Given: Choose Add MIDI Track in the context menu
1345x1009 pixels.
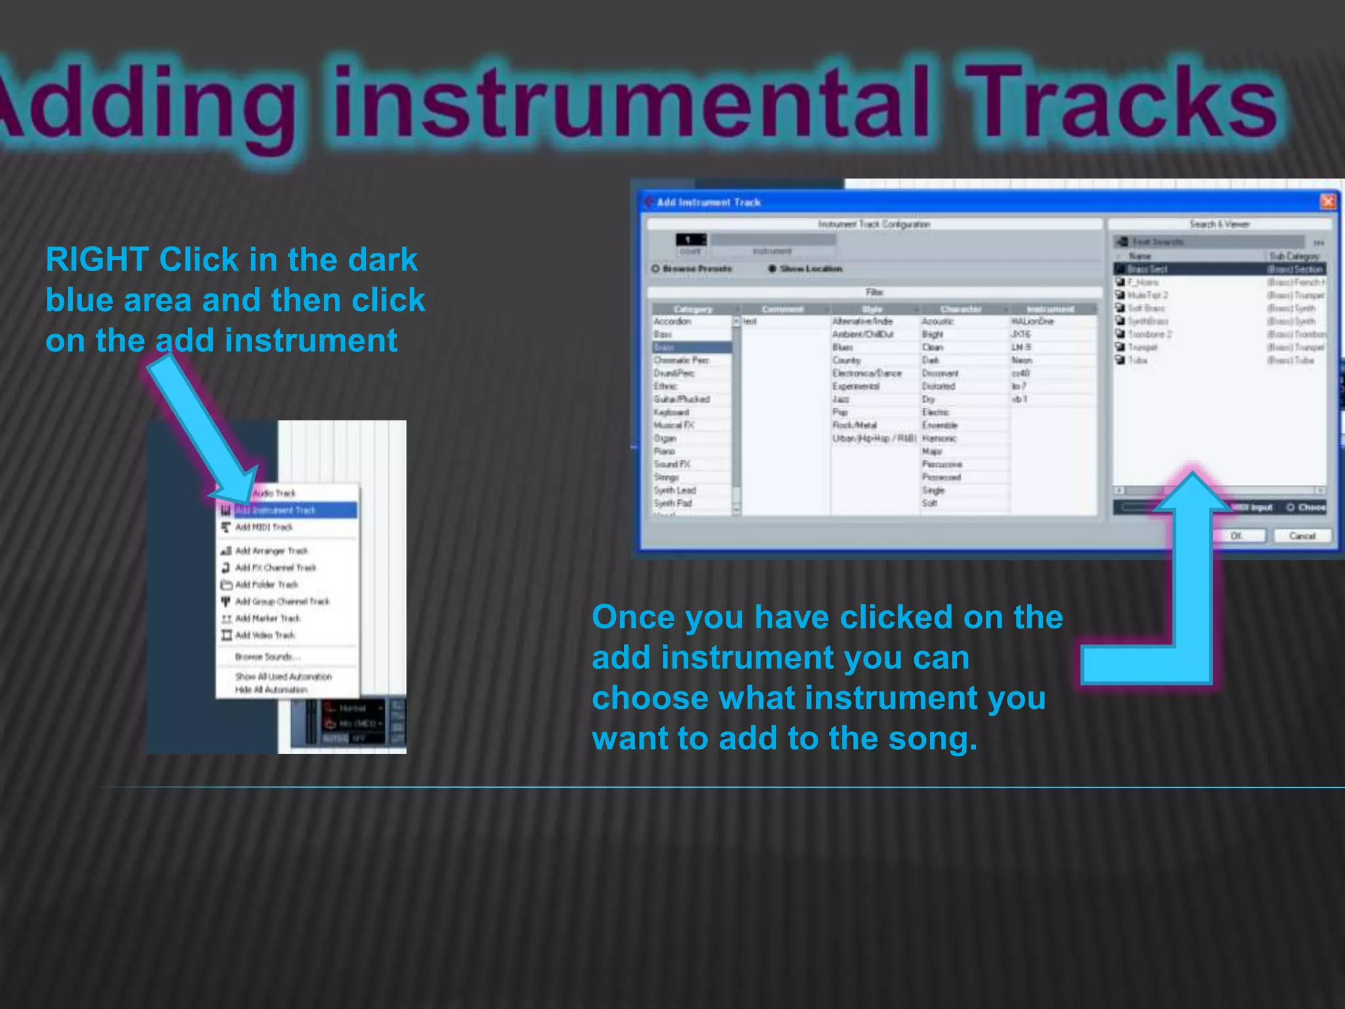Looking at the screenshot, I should [x=263, y=527].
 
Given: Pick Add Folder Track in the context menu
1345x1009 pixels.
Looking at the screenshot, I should [x=267, y=584].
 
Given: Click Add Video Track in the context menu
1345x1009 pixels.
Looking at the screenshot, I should [x=265, y=635].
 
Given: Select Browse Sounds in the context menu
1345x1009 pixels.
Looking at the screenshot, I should [x=267, y=656].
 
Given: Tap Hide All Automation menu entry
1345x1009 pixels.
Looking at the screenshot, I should [x=271, y=689].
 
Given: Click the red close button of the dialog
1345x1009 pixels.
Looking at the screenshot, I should [x=1327, y=201].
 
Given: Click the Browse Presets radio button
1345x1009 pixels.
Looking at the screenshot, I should [x=655, y=269].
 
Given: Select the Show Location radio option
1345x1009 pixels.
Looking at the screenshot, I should [x=772, y=269].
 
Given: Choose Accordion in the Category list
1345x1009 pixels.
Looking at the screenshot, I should [x=672, y=321].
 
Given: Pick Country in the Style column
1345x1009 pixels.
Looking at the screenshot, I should [x=847, y=360].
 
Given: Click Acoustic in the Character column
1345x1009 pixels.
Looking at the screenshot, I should [x=937, y=321].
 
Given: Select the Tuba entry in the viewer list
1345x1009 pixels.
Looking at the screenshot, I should [x=1137, y=360].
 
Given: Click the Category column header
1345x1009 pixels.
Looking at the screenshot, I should [x=693, y=309].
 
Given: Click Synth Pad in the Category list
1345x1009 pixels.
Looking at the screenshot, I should [x=672, y=503].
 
